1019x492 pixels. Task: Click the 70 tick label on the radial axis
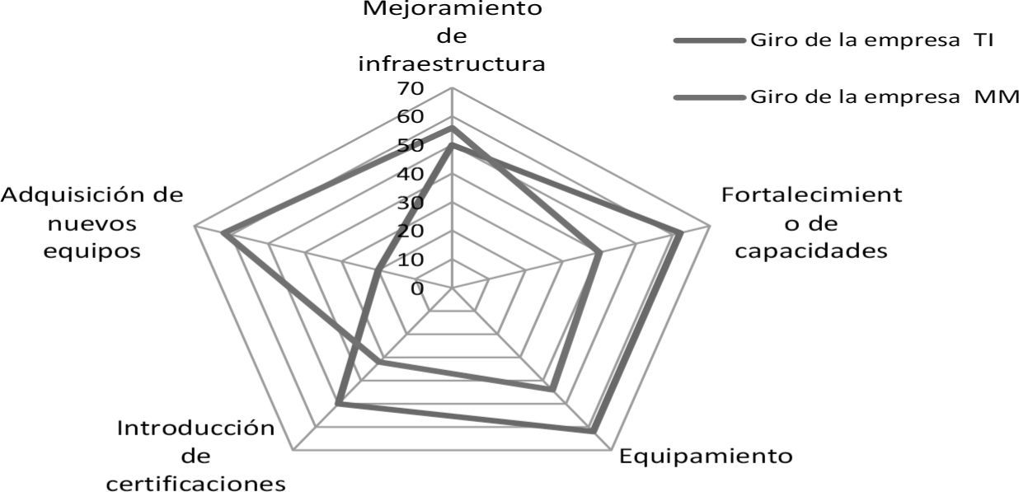tap(409, 88)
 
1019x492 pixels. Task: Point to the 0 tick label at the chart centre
tap(418, 288)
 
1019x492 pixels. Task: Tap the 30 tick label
tap(409, 203)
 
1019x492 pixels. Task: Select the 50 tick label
tap(409, 146)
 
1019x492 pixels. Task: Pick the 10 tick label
tap(409, 260)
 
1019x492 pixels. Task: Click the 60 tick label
tap(409, 117)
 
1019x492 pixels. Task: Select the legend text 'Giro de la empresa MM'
tap(885, 97)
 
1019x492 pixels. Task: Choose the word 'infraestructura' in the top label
tap(452, 63)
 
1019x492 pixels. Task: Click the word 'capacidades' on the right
tap(811, 250)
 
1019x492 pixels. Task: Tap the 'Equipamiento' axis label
tap(706, 456)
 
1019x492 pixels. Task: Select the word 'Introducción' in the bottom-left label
tap(195, 429)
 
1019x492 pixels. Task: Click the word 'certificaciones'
tap(196, 482)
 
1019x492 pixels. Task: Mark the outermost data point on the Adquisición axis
tap(223, 236)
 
